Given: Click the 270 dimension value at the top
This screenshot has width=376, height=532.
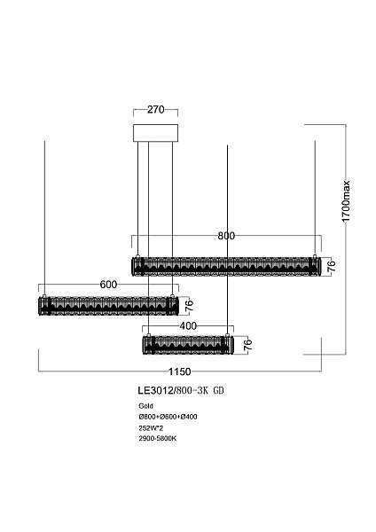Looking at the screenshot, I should point(156,113).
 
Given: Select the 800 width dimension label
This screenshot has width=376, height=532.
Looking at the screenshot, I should point(225,236).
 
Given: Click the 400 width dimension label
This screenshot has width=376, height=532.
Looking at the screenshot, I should point(187,326).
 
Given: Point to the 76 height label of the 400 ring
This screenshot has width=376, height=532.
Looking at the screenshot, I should point(248,345).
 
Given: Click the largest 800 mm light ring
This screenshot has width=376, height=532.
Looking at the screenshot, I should point(224,265).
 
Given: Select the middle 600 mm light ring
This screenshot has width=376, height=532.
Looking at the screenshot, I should point(108,306).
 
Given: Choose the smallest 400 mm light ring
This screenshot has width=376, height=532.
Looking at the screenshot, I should point(188,343).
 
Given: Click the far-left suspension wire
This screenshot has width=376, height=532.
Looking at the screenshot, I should point(43,213).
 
